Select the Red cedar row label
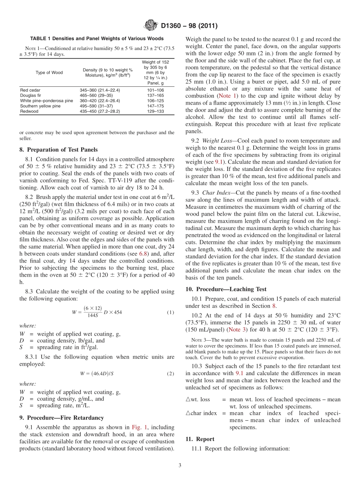(29, 90)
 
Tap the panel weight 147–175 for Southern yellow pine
(155, 106)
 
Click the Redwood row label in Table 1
(29, 111)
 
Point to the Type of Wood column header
(49, 73)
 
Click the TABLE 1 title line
(97, 39)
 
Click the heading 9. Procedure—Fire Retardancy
(61, 418)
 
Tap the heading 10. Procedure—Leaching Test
(226, 289)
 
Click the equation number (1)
(170, 312)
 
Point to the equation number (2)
(170, 373)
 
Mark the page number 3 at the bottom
(180, 465)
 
